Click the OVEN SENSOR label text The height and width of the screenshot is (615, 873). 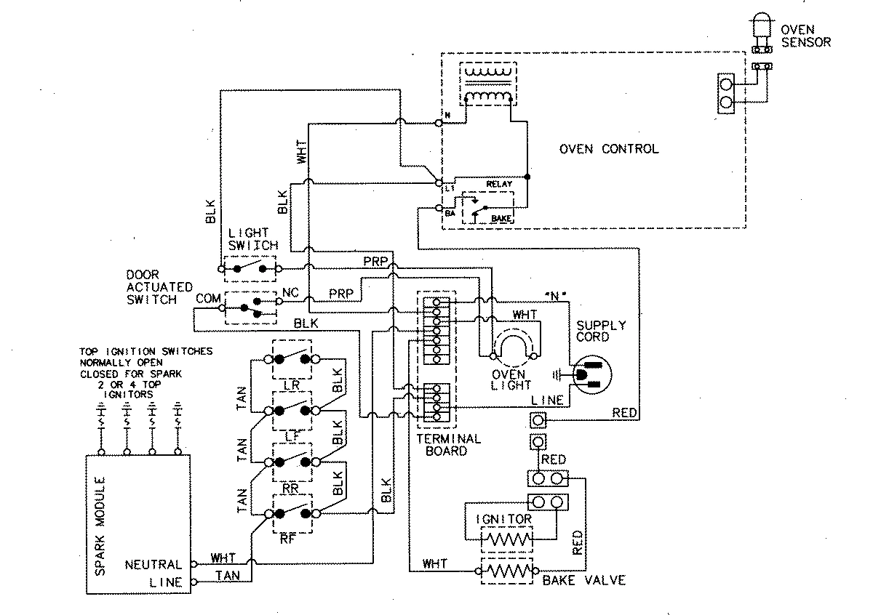(805, 36)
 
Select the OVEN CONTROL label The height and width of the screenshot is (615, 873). (608, 149)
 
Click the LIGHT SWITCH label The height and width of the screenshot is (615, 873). (252, 239)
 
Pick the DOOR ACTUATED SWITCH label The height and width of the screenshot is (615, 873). (151, 287)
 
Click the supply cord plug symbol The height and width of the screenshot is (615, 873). (591, 373)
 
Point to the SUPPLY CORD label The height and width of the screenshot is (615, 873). (600, 331)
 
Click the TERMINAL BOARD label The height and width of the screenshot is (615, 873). (448, 444)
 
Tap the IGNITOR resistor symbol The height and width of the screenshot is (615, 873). (507, 541)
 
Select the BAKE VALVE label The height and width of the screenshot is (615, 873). (583, 581)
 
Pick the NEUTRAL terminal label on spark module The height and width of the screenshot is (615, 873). (154, 564)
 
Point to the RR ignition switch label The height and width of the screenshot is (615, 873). (291, 489)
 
